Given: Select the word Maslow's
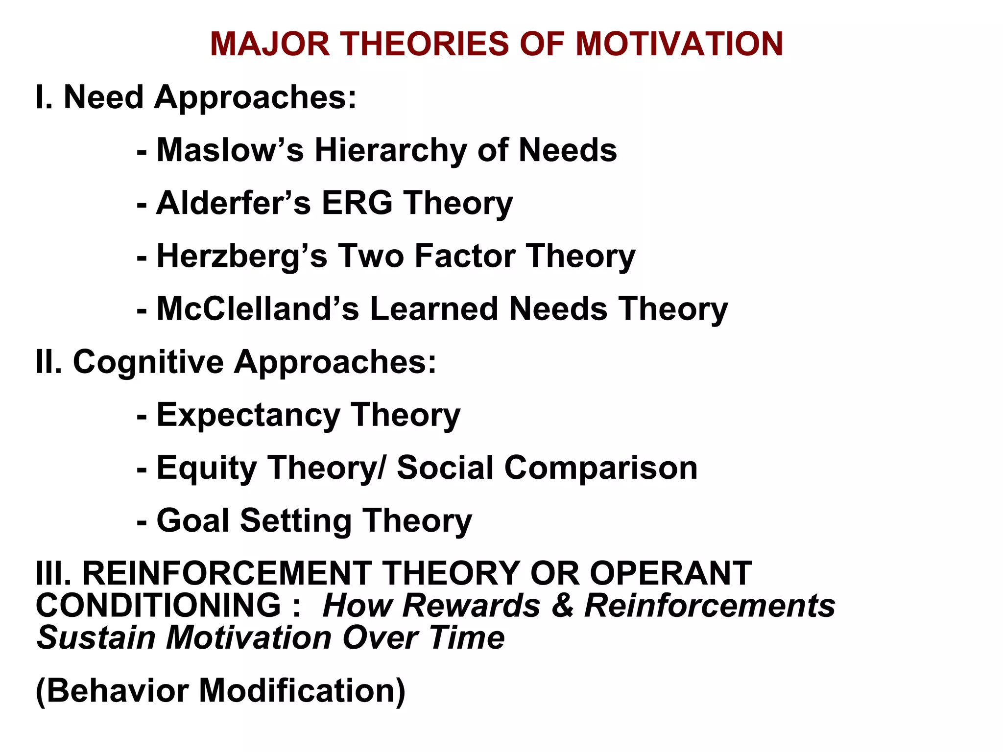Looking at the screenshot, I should coord(230,150).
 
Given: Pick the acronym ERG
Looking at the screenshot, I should coord(357,203).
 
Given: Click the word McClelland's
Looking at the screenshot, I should coord(258,309).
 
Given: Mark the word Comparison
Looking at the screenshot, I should coord(601,468).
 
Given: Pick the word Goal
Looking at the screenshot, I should coord(192,520).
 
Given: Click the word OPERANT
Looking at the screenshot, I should coord(670,573).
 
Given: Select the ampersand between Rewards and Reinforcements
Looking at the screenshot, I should coord(562,606).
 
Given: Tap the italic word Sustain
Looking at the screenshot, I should coord(96,638).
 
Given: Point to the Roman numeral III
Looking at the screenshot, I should coord(53,573).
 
